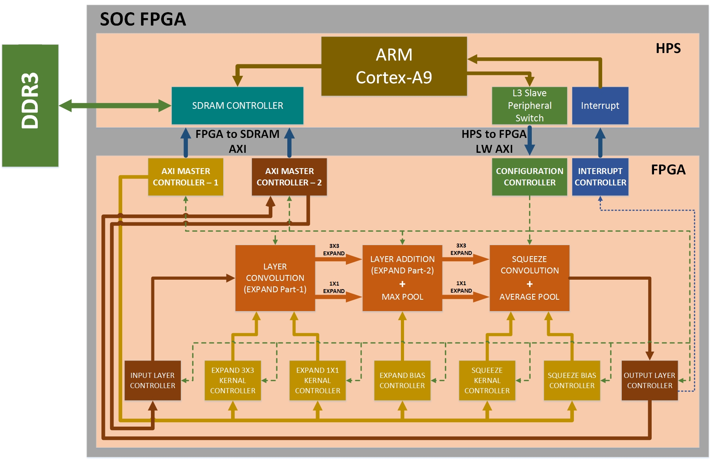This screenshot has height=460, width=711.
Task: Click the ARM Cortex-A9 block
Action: [394, 66]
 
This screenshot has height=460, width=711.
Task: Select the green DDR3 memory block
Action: [30, 105]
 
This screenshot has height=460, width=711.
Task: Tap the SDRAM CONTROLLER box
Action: [237, 105]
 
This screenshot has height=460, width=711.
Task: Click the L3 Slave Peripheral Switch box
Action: [529, 105]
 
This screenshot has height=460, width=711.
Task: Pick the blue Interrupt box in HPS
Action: [600, 105]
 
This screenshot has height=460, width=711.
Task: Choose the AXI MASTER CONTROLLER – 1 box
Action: [186, 177]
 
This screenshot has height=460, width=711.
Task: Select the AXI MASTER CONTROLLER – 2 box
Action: [289, 177]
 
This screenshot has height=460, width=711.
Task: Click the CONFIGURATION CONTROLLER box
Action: [529, 177]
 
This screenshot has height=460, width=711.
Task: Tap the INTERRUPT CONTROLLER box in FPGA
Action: [600, 177]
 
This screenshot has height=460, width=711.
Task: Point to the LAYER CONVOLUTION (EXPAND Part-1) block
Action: [275, 278]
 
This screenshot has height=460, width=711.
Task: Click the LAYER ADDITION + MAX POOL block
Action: [402, 278]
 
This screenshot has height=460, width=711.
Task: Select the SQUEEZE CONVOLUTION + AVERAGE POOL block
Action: [529, 278]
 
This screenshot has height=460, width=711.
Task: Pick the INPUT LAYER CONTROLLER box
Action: [152, 380]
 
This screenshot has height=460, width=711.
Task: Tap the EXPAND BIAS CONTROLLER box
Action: [402, 380]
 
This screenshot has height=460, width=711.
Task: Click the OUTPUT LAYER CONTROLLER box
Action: [649, 380]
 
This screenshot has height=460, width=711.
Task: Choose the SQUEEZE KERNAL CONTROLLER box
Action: [487, 380]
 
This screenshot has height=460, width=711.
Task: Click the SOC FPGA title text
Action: [143, 19]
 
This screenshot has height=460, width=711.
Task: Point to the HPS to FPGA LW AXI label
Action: [494, 141]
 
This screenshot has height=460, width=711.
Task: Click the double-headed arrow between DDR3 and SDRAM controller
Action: [115, 105]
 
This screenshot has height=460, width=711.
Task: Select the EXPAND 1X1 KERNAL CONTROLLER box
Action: [317, 380]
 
